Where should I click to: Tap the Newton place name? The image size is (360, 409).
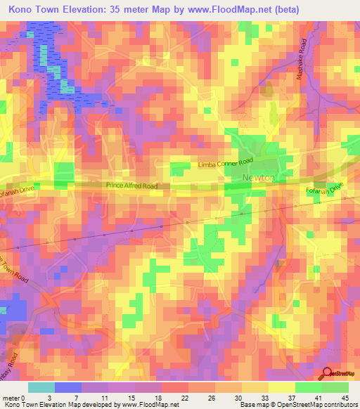[x=258, y=178]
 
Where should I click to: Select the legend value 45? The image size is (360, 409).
[x=345, y=397]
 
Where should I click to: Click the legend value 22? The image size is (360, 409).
[x=184, y=397]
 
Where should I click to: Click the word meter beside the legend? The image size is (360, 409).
[x=10, y=397]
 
